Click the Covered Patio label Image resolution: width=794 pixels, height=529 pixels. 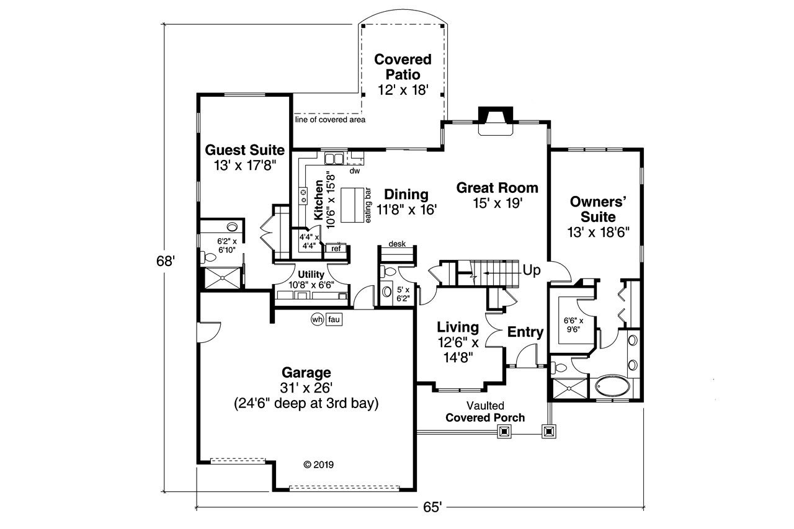pyautogui.click(x=403, y=67)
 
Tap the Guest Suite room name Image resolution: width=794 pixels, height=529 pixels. pyautogui.click(x=244, y=150)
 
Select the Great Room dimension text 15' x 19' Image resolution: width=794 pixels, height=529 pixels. pyautogui.click(x=497, y=203)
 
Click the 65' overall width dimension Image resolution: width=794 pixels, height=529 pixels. pyautogui.click(x=432, y=507)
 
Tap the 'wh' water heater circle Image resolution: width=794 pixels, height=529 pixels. pyautogui.click(x=317, y=319)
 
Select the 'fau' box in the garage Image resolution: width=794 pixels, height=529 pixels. pyautogui.click(x=334, y=319)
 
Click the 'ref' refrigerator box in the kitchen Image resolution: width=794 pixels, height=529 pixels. pyautogui.click(x=336, y=249)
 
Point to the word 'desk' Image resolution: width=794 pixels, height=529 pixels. pyautogui.click(x=397, y=244)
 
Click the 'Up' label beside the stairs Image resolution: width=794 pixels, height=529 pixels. pyautogui.click(x=532, y=270)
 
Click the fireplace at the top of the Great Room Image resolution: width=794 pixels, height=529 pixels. pyautogui.click(x=495, y=119)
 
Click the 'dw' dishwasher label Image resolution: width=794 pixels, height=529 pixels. pyautogui.click(x=355, y=170)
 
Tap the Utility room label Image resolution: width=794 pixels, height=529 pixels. pyautogui.click(x=311, y=274)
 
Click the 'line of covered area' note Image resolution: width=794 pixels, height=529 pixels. pyautogui.click(x=330, y=120)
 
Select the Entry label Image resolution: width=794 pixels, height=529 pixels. pyautogui.click(x=525, y=332)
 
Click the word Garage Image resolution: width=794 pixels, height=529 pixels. pyautogui.click(x=306, y=373)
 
